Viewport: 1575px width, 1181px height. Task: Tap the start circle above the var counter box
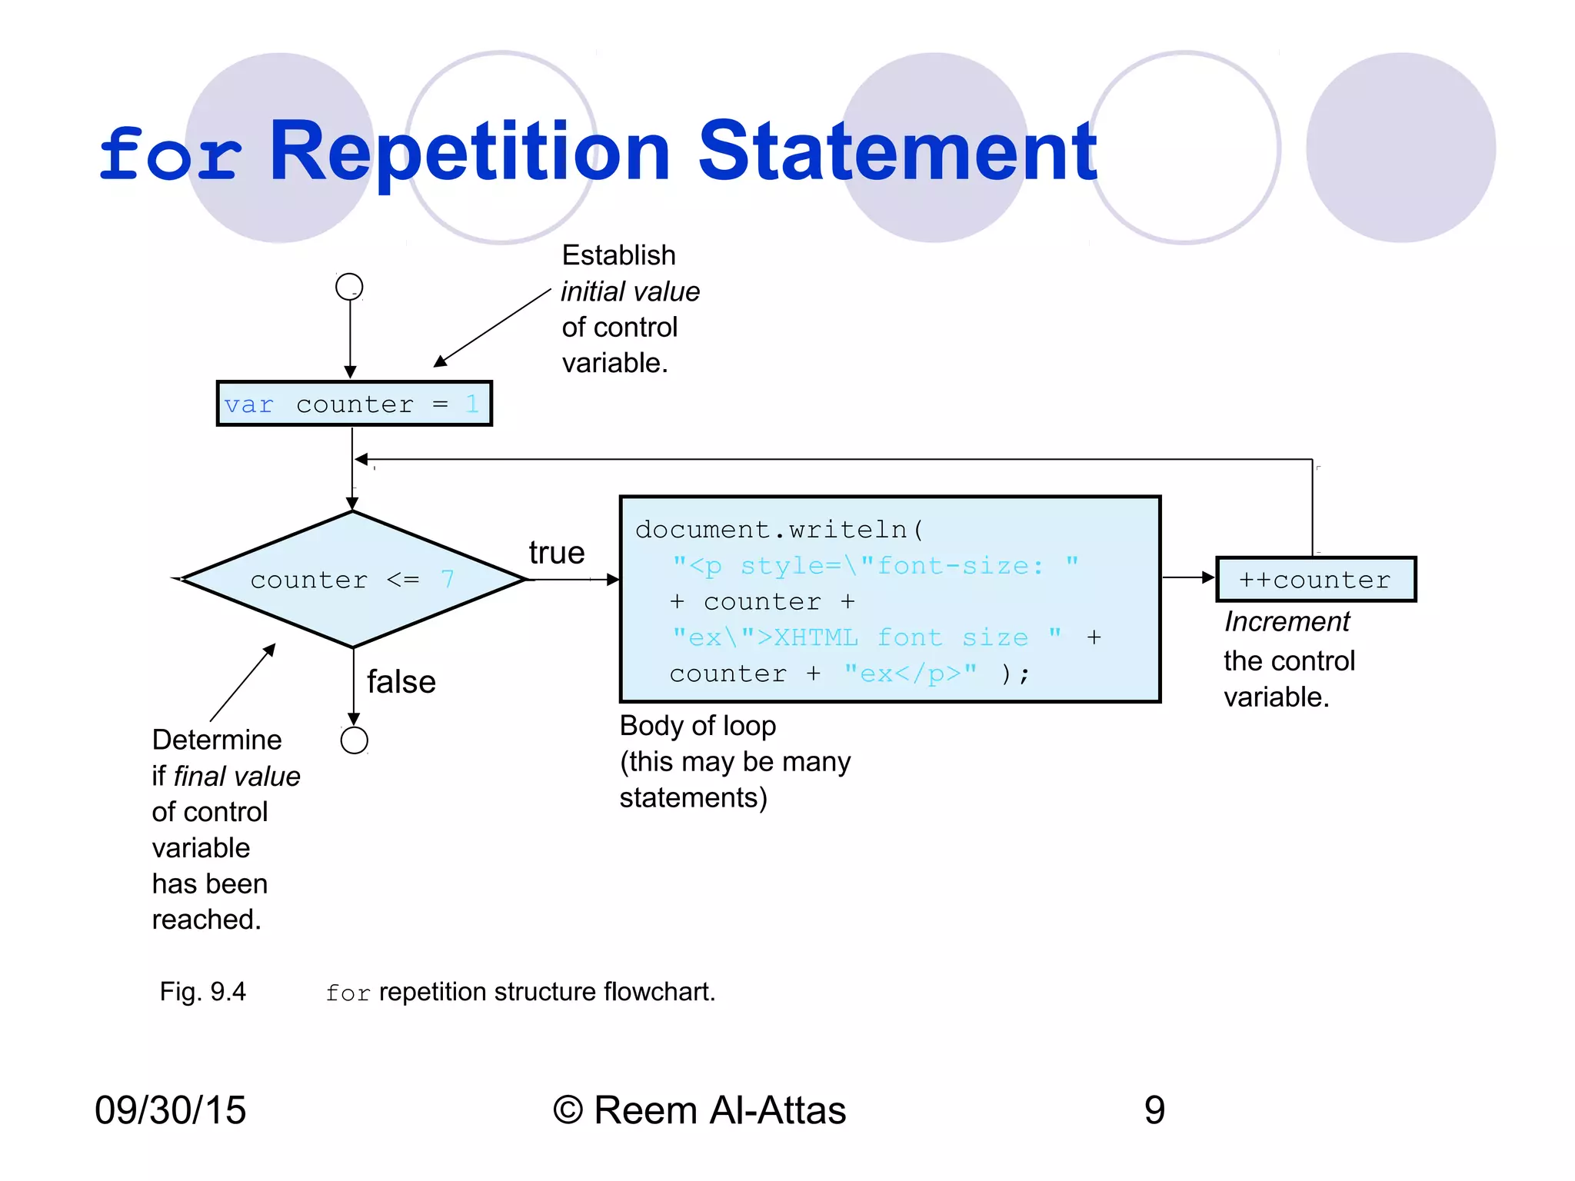[349, 287]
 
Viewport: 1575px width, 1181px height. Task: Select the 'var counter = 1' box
[354, 404]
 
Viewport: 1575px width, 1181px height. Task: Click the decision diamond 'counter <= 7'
[352, 579]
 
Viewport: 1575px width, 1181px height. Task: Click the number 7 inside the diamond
[448, 579]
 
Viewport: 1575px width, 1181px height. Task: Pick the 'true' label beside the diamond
[556, 553]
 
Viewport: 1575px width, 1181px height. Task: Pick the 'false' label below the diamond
[401, 682]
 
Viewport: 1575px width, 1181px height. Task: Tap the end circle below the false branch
[354, 740]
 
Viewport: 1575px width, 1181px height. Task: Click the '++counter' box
[1315, 580]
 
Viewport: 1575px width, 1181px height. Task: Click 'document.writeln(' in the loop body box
[778, 530]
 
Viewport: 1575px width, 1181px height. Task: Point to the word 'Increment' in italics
[1287, 621]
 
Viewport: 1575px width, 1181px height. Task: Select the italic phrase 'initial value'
[630, 291]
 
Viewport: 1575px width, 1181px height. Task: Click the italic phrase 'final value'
[237, 777]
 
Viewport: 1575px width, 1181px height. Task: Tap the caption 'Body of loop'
[698, 726]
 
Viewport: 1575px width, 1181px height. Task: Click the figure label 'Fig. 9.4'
[202, 992]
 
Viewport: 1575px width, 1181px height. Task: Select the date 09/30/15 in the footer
[170, 1110]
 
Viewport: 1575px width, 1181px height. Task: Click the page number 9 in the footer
[1154, 1110]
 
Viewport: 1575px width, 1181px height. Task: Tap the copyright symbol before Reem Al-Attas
[568, 1110]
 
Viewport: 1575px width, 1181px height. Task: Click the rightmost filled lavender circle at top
[1400, 148]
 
